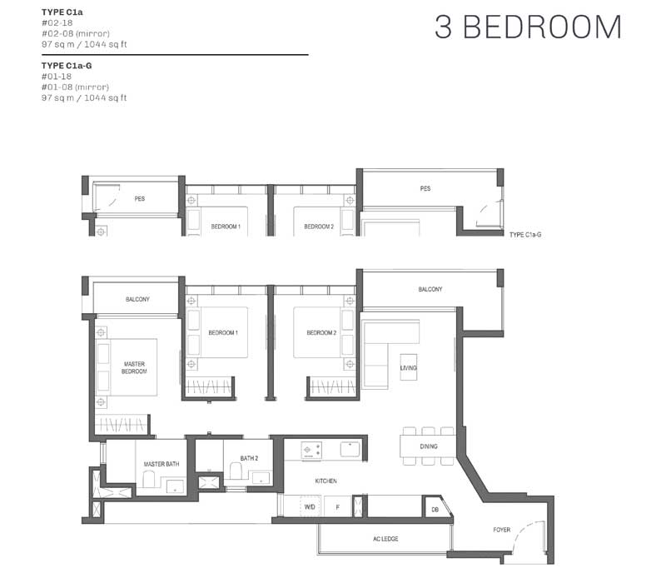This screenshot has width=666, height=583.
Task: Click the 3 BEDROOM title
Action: [528, 27]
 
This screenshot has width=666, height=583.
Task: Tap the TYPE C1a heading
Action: [62, 12]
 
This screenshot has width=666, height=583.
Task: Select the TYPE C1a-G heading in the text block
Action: [67, 66]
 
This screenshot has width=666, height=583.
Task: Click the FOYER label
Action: [502, 530]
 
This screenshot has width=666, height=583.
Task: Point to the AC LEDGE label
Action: [385, 539]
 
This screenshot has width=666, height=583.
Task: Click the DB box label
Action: [435, 510]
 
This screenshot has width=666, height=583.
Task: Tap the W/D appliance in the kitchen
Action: [310, 506]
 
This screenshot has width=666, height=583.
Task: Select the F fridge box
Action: [338, 506]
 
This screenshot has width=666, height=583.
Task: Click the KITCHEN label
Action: [326, 481]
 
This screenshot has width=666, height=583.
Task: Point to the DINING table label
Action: [429, 446]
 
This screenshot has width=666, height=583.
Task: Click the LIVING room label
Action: [408, 368]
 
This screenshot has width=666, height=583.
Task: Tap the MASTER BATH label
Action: [162, 464]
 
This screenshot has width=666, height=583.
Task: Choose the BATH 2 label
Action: [249, 458]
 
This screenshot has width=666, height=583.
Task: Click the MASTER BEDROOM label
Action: [134, 367]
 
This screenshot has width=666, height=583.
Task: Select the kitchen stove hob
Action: [311, 450]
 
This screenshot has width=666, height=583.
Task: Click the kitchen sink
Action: [350, 449]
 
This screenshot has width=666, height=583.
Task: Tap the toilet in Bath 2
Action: [236, 471]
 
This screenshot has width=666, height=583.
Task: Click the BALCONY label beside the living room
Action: [430, 289]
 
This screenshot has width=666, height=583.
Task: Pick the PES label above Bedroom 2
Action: [425, 189]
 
